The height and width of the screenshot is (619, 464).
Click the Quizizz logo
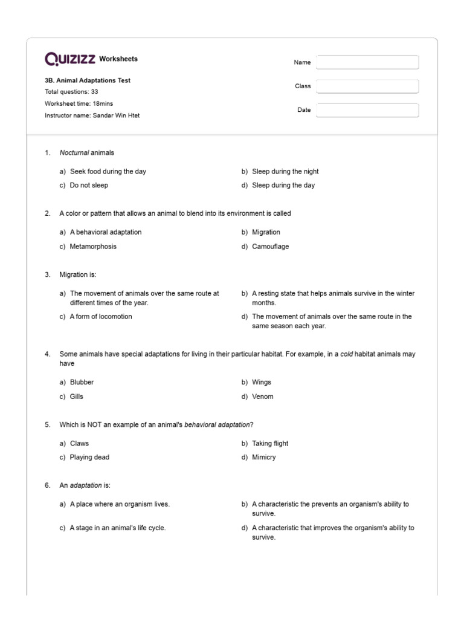(70, 59)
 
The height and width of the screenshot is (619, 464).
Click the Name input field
(367, 62)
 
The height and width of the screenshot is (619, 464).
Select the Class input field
(367, 86)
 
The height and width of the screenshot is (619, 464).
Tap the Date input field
(367, 110)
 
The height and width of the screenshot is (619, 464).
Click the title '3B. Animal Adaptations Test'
(88, 80)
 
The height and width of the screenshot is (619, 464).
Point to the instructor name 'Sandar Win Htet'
(116, 115)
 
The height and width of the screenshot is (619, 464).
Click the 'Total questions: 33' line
(71, 92)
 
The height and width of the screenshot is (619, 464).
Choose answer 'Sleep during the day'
(283, 186)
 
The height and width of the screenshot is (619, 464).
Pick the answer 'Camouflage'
(270, 247)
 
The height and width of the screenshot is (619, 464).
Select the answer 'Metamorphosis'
(93, 247)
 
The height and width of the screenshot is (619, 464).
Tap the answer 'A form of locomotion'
(100, 317)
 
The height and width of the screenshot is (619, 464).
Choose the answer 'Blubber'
(82, 382)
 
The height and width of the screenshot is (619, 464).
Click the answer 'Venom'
(262, 397)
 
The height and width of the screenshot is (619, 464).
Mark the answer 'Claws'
(79, 443)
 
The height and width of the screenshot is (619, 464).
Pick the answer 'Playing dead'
(89, 458)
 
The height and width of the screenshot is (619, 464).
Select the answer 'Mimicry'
(263, 458)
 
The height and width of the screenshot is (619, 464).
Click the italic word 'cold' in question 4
(346, 354)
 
